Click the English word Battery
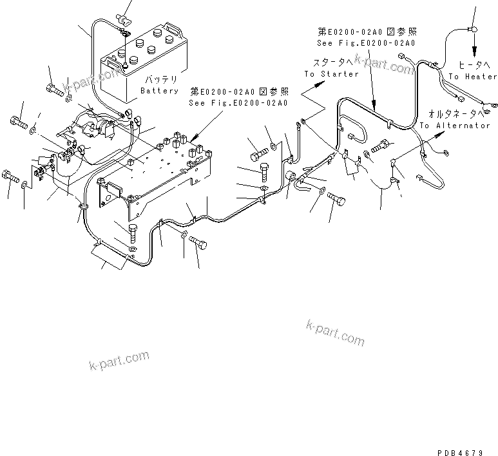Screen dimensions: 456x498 (159, 91)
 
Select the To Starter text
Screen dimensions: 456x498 (331, 74)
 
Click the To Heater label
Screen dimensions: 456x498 (473, 77)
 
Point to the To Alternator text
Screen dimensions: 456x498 (454, 126)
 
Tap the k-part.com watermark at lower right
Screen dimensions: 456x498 (335, 332)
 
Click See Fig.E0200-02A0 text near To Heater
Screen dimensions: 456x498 (366, 43)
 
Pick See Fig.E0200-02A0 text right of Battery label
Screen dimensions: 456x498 (238, 102)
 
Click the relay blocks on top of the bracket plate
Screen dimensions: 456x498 (187, 145)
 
